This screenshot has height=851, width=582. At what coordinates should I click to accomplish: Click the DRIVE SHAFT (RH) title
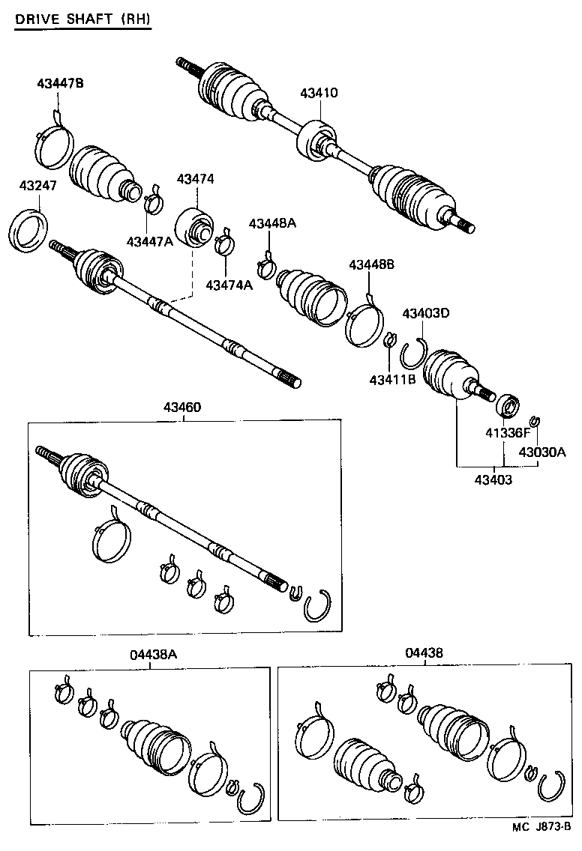82,20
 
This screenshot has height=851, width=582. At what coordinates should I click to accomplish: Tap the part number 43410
319,94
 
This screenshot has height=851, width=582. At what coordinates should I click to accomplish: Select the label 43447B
60,83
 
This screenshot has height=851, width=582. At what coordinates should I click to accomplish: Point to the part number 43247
37,185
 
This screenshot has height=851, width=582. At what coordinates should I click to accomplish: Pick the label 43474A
229,285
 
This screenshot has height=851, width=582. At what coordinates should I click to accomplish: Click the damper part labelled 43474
195,225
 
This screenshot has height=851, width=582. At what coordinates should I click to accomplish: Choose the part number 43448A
272,223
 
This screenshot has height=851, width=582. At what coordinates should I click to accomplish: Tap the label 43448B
372,265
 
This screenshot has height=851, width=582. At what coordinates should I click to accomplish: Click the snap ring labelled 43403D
412,354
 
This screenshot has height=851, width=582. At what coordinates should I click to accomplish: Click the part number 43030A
541,452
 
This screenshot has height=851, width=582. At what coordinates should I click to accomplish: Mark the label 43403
493,479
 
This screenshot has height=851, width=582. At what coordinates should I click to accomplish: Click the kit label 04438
424,652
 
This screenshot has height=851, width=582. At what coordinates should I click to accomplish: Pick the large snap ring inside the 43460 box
318,606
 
